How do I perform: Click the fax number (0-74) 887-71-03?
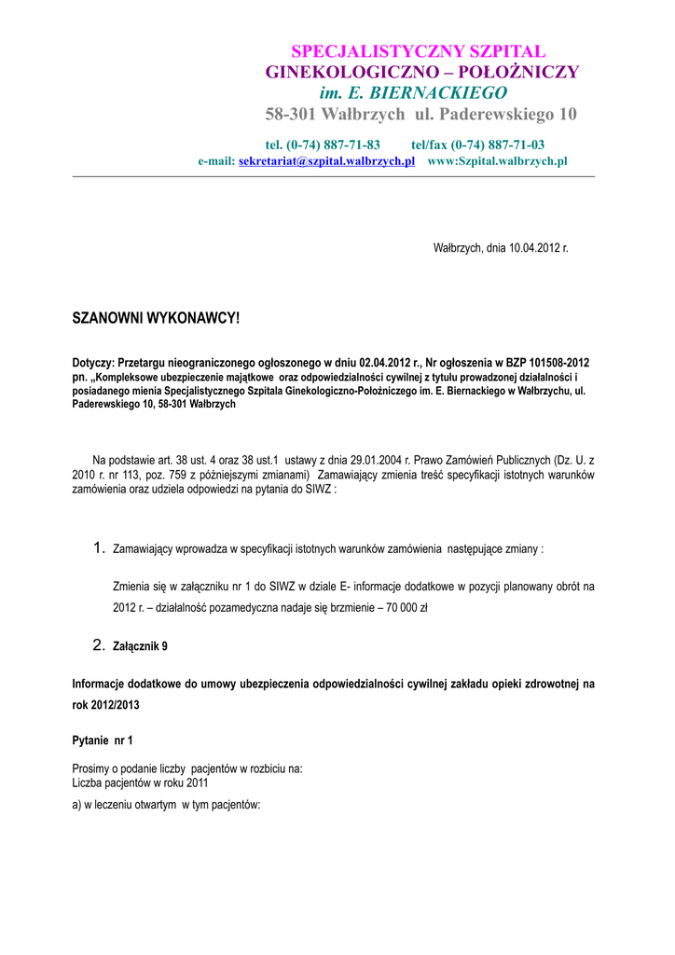[x=498, y=145]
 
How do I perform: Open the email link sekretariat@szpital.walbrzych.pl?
[x=326, y=161]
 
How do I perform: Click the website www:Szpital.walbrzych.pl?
[x=497, y=161]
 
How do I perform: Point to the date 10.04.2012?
[x=529, y=248]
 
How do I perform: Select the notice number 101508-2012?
[x=556, y=362]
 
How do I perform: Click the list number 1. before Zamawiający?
[x=99, y=548]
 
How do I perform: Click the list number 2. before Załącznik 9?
[x=99, y=644]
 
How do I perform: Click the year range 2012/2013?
[x=109, y=704]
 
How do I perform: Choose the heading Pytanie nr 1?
[x=103, y=740]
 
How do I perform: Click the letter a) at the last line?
[x=77, y=805]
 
